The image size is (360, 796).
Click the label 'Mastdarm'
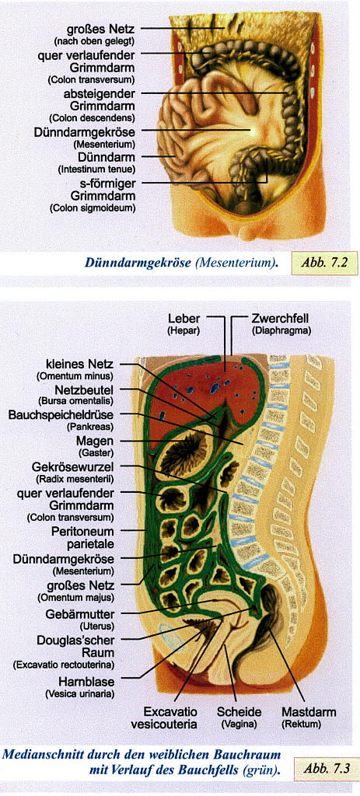pyautogui.click(x=309, y=712)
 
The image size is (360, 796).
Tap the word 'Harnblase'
pyautogui.click(x=87, y=681)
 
